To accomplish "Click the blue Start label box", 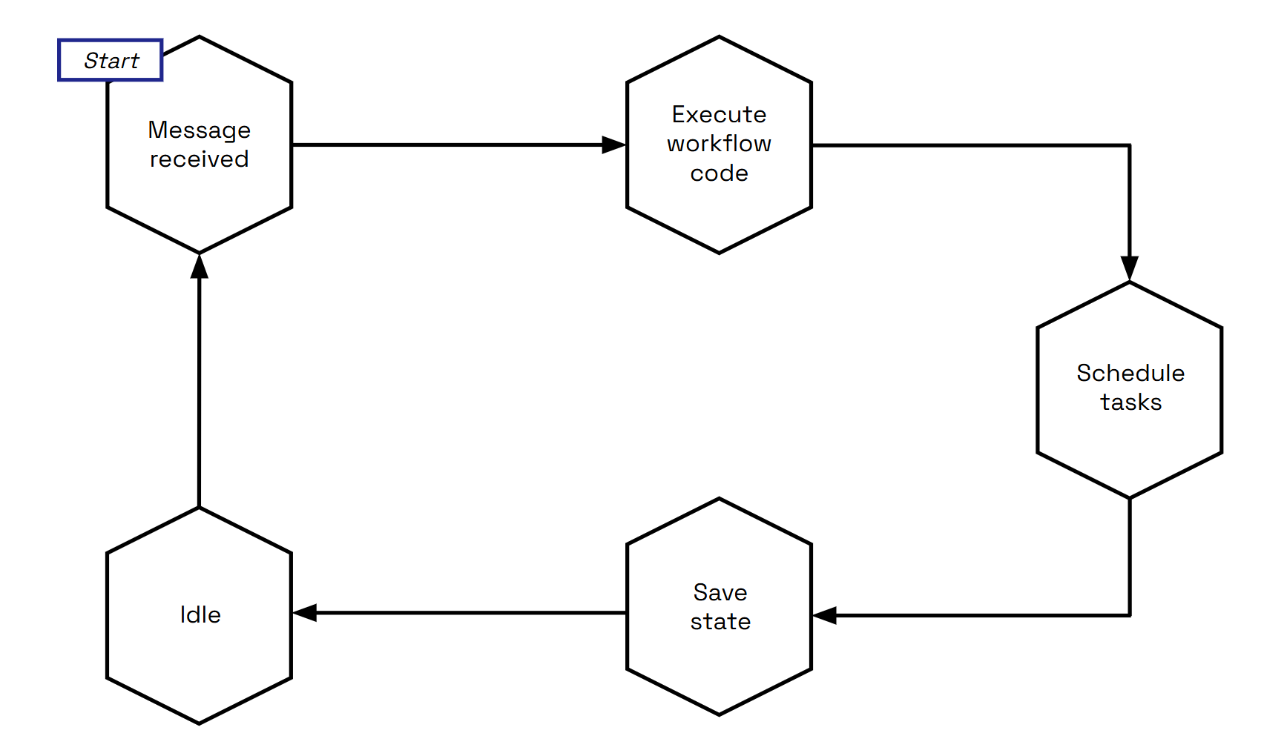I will tap(111, 60).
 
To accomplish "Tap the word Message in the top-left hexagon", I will tap(199, 130).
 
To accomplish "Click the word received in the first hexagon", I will tap(199, 159).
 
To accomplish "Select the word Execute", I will tap(719, 115).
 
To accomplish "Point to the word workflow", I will tap(719, 144).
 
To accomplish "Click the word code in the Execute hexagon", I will tap(719, 173).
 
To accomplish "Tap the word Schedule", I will tap(1130, 373).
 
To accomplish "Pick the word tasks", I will tap(1130, 402).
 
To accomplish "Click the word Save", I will tap(720, 592).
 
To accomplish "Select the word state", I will tap(720, 622).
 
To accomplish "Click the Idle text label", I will tap(200, 614).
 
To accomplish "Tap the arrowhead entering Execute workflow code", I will tap(614, 145).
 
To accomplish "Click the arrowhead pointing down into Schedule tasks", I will tap(1129, 268).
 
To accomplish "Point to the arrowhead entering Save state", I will tap(825, 615).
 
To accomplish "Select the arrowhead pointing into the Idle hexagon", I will tap(305, 612).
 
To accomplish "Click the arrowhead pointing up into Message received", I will tap(199, 265).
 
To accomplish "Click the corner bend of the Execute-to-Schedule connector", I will tap(1129, 145).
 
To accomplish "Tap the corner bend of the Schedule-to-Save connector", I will tap(1129, 615).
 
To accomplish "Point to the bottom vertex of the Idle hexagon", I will tap(199, 723).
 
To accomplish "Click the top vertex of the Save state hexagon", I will tap(719, 499).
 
